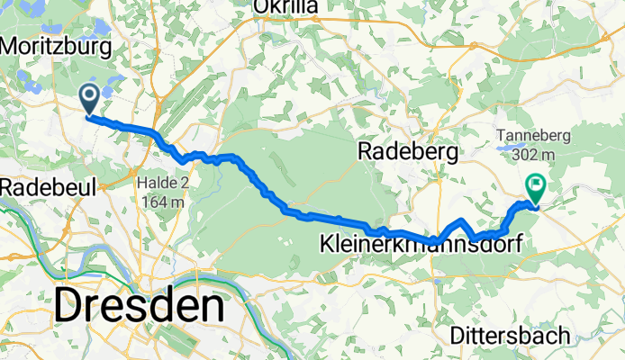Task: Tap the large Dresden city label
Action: [139, 307]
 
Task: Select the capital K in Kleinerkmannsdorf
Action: [327, 242]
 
